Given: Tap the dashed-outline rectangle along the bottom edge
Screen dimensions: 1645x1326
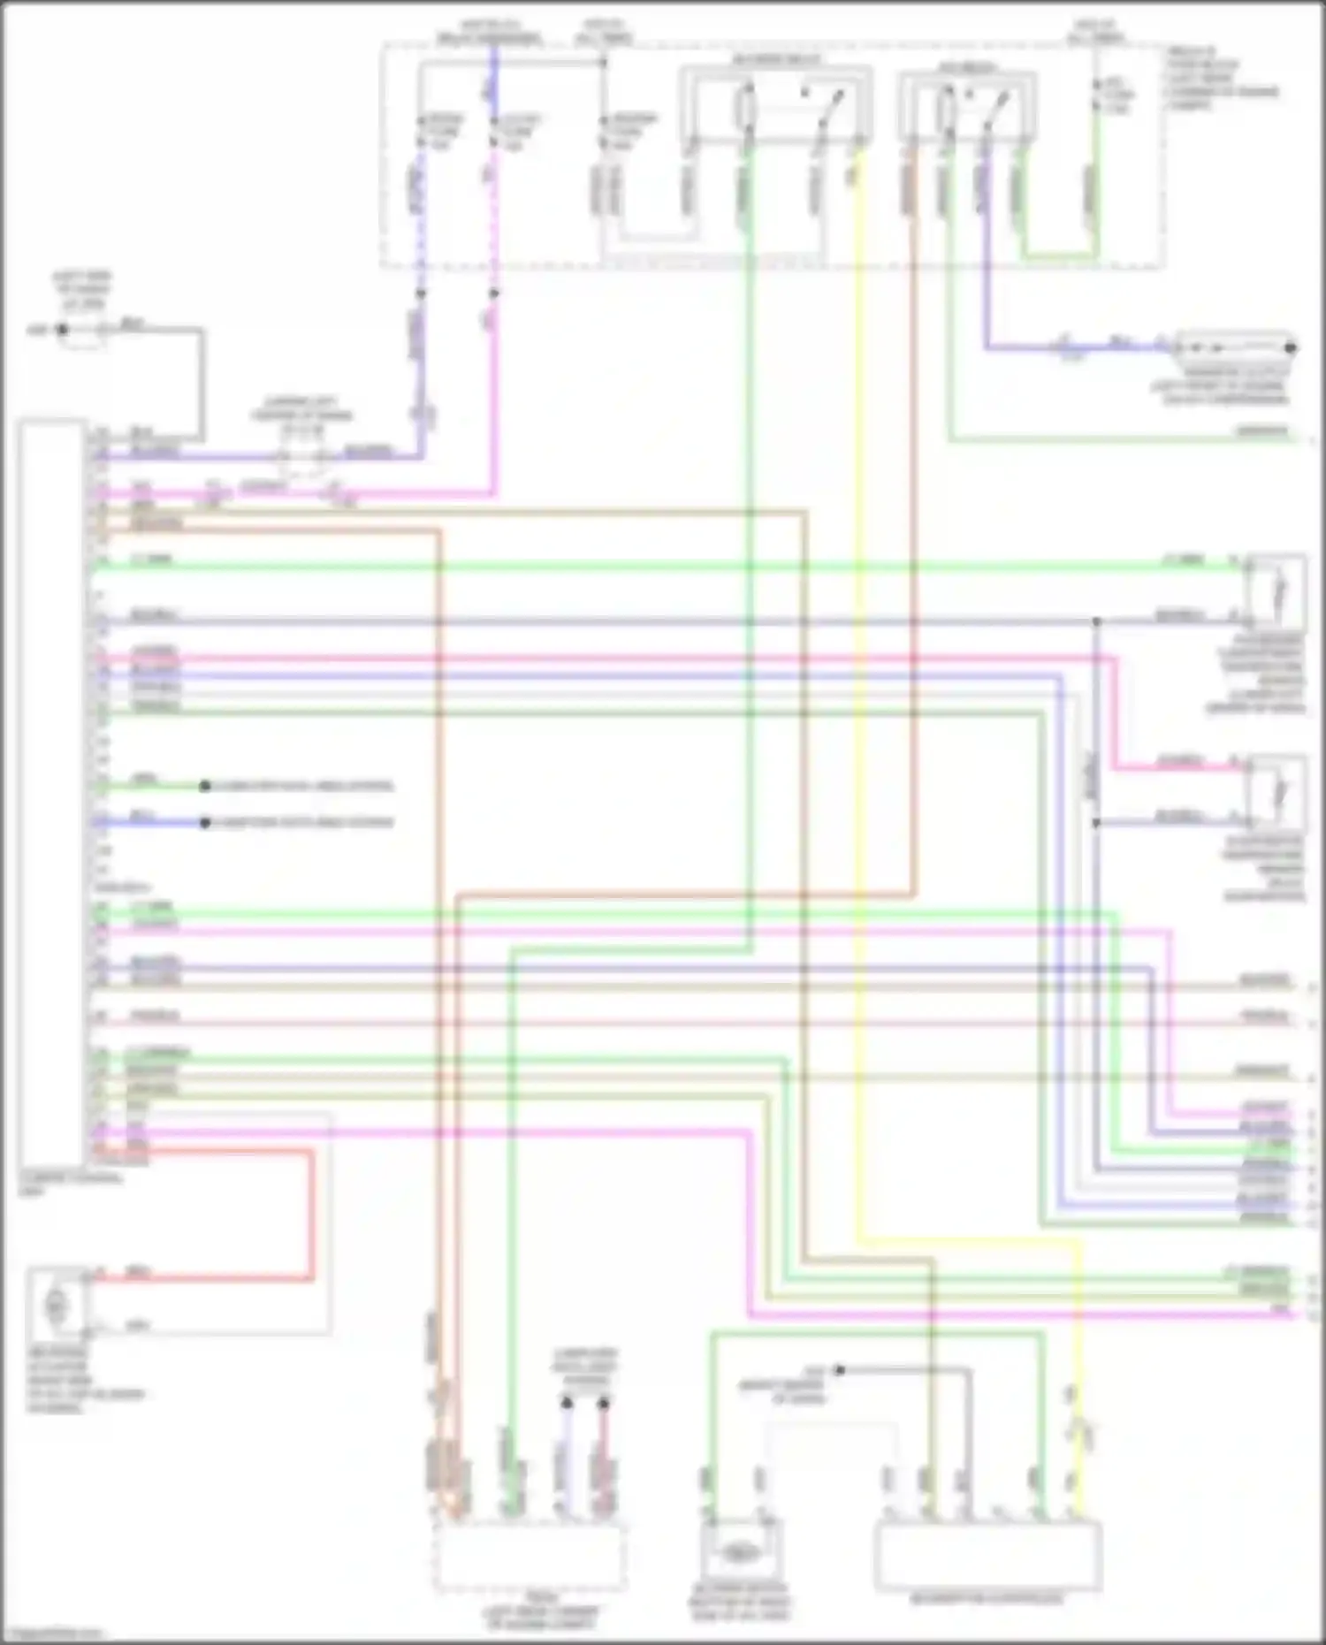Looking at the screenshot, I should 530,1555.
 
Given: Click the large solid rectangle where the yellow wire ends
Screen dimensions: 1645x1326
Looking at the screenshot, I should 987,1555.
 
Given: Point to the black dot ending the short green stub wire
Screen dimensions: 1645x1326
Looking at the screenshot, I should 205,786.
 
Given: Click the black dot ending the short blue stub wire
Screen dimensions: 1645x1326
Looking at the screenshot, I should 205,823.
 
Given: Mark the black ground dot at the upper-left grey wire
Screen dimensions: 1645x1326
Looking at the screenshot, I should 62,330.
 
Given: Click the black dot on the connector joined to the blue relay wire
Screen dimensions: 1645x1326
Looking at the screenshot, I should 1290,347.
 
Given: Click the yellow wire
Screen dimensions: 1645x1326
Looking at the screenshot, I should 858,707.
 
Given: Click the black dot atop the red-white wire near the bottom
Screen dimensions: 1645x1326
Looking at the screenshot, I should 603,1403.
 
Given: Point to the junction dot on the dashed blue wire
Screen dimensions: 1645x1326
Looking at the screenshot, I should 421,293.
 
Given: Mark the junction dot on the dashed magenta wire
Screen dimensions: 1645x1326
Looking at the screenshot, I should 494,293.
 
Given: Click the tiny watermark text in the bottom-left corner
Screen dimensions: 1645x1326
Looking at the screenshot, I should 51,1634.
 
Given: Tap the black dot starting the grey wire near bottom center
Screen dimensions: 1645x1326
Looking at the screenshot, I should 840,1370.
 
